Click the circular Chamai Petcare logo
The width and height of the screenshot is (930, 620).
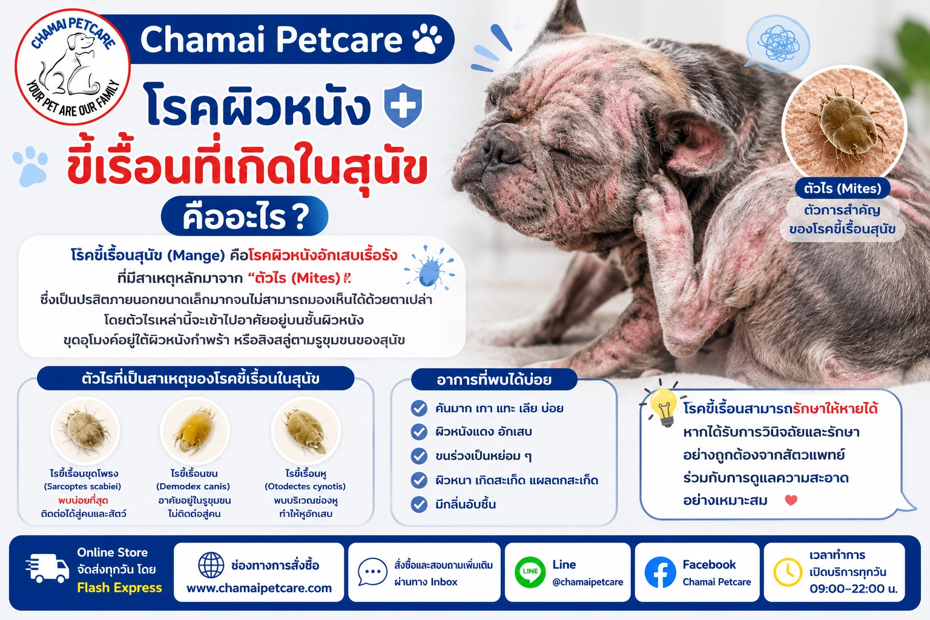pyautogui.click(x=73, y=67)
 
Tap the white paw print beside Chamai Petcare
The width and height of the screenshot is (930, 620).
pyautogui.click(x=427, y=39)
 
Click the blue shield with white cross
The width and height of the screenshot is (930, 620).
pyautogui.click(x=403, y=105)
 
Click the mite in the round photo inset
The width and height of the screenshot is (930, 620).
pyautogui.click(x=845, y=125)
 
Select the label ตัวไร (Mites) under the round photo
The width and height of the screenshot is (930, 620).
pyautogui.click(x=842, y=188)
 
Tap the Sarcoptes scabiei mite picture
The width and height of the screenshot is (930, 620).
pyautogui.click(x=85, y=430)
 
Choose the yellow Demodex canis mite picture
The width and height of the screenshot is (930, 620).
pyautogui.click(x=195, y=430)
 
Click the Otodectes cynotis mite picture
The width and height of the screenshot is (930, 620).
pyautogui.click(x=306, y=430)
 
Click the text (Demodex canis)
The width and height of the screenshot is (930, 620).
pyautogui.click(x=193, y=486)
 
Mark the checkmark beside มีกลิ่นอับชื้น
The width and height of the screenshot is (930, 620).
pyautogui.click(x=419, y=504)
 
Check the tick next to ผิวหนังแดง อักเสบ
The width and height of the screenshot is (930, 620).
pyautogui.click(x=419, y=432)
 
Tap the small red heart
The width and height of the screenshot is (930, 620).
pyautogui.click(x=791, y=500)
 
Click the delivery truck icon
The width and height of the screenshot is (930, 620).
pyautogui.click(x=47, y=568)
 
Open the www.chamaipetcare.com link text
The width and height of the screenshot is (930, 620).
pyautogui.click(x=259, y=589)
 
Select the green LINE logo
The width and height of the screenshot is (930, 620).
pyautogui.click(x=530, y=572)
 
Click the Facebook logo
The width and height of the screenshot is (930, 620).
pyautogui.click(x=660, y=572)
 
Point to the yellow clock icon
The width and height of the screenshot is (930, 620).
pyautogui.click(x=788, y=572)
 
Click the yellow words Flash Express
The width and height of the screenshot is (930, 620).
pyautogui.click(x=119, y=588)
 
